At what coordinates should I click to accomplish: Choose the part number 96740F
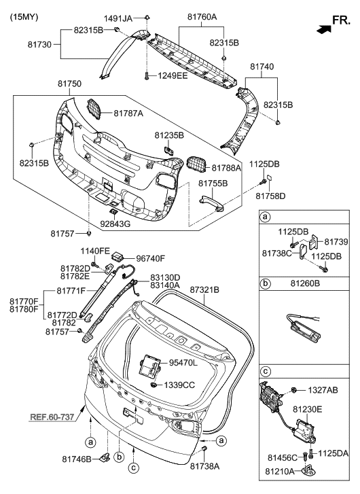(151, 258)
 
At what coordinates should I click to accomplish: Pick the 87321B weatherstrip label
(204, 289)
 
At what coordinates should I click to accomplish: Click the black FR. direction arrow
(325, 29)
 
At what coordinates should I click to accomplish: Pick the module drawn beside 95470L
(149, 365)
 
